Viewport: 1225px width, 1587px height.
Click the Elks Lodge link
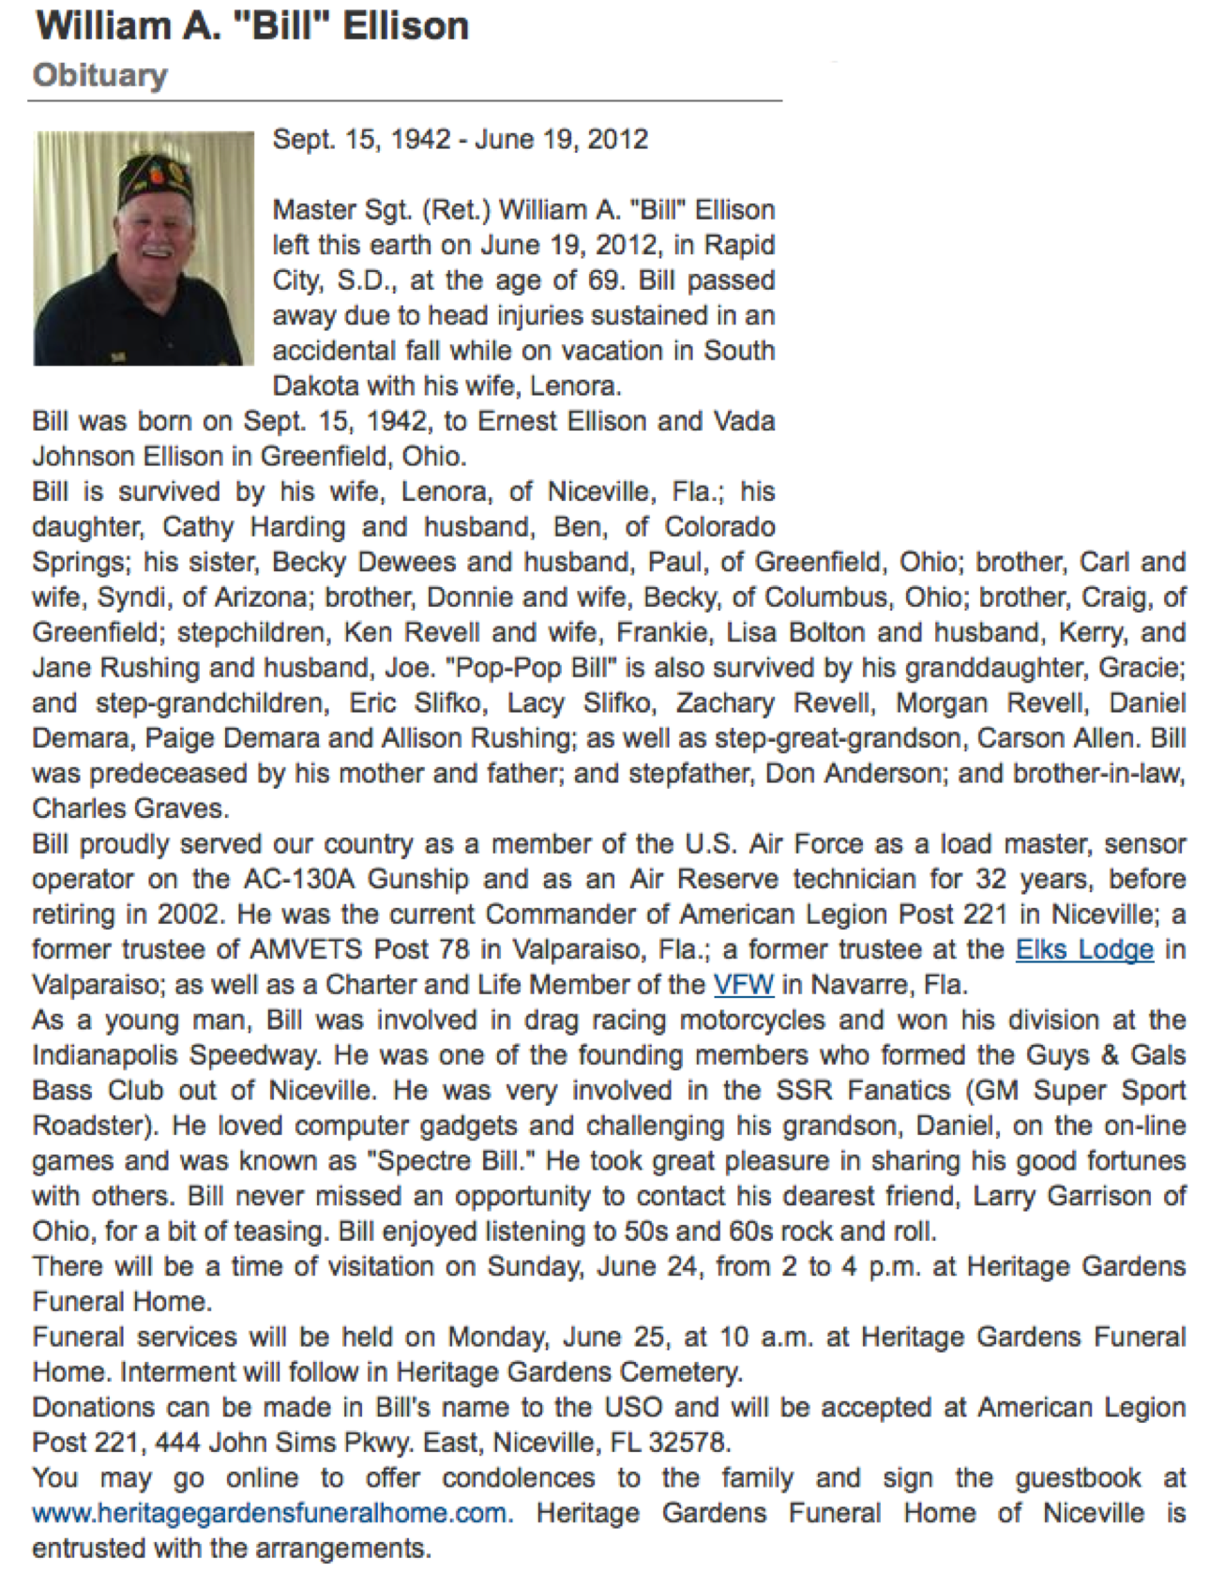(1084, 949)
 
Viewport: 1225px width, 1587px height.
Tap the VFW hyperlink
(743, 985)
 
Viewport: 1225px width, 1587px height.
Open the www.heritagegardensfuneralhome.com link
(272, 1513)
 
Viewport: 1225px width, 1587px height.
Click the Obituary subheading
(100, 75)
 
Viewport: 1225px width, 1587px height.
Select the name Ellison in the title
(405, 25)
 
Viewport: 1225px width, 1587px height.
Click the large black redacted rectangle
(1005, 273)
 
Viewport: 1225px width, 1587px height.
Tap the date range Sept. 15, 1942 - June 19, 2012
(460, 140)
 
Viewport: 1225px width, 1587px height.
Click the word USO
(633, 1407)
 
